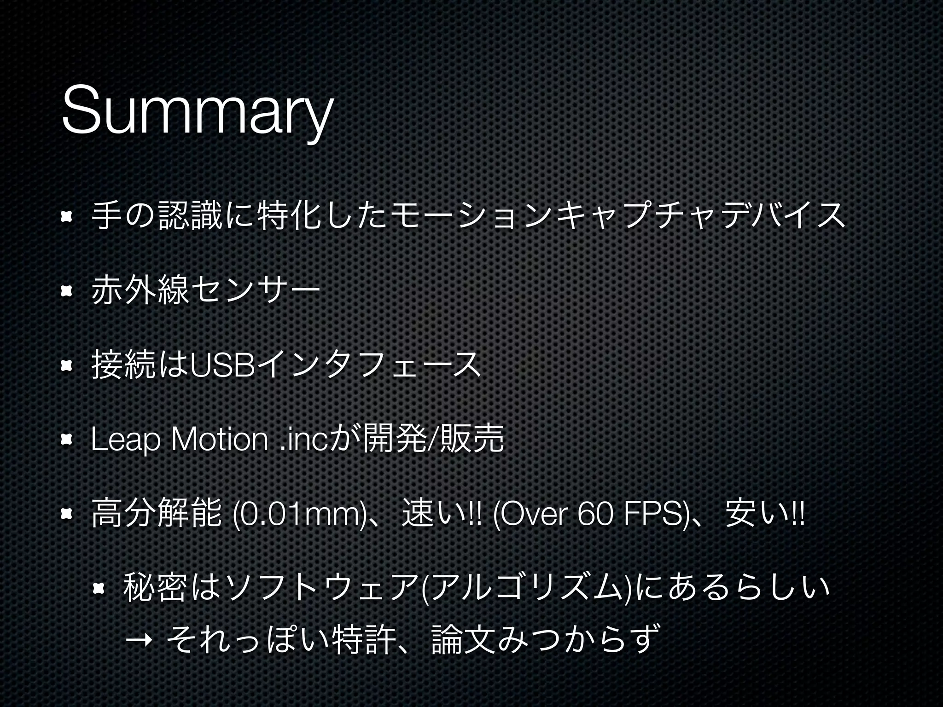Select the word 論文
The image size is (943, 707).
click(x=463, y=638)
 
